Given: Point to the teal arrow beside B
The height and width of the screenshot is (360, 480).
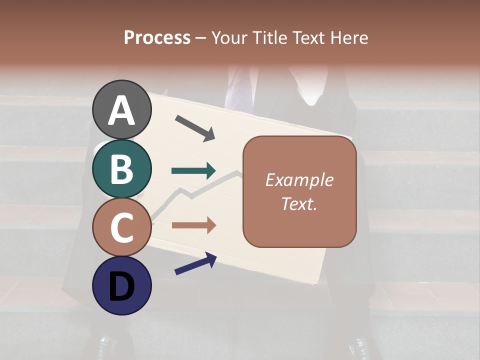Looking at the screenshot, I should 193,171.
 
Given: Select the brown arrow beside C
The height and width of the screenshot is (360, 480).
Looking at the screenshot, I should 193,225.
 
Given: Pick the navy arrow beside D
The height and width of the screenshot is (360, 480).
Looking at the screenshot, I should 195,264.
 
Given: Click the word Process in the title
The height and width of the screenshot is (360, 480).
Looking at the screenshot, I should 157,38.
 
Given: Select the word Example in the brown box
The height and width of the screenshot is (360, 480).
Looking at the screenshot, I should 299,180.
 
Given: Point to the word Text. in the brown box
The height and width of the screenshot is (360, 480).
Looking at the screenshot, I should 299,204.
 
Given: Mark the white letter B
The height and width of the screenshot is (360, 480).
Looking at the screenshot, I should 121,169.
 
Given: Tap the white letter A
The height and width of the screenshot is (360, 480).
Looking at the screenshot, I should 121,110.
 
